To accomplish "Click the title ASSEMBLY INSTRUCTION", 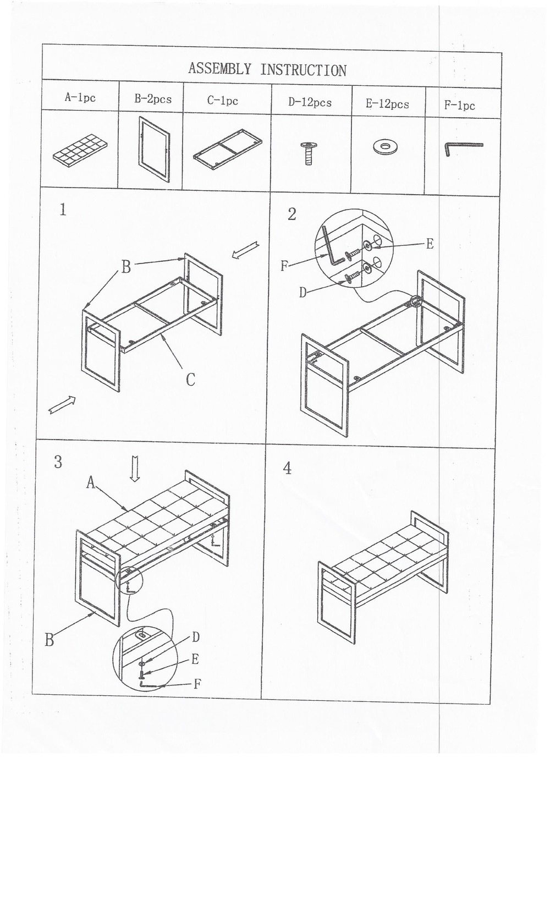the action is tap(267, 69).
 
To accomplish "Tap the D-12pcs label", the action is tap(310, 102).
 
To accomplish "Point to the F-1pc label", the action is tap(459, 106).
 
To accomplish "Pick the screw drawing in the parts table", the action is tap(309, 153).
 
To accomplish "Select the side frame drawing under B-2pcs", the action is tap(153, 149).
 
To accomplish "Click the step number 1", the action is tap(63, 210).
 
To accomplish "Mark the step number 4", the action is tap(287, 468).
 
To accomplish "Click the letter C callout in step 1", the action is tap(190, 380).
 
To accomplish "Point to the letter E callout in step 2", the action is tap(430, 244).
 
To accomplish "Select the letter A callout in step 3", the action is tap(91, 482).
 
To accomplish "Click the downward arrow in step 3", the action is tap(135, 468).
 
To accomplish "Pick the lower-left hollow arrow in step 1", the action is tap(62, 404).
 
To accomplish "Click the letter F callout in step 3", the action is tap(197, 684).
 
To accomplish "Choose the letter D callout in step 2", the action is tap(303, 293).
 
